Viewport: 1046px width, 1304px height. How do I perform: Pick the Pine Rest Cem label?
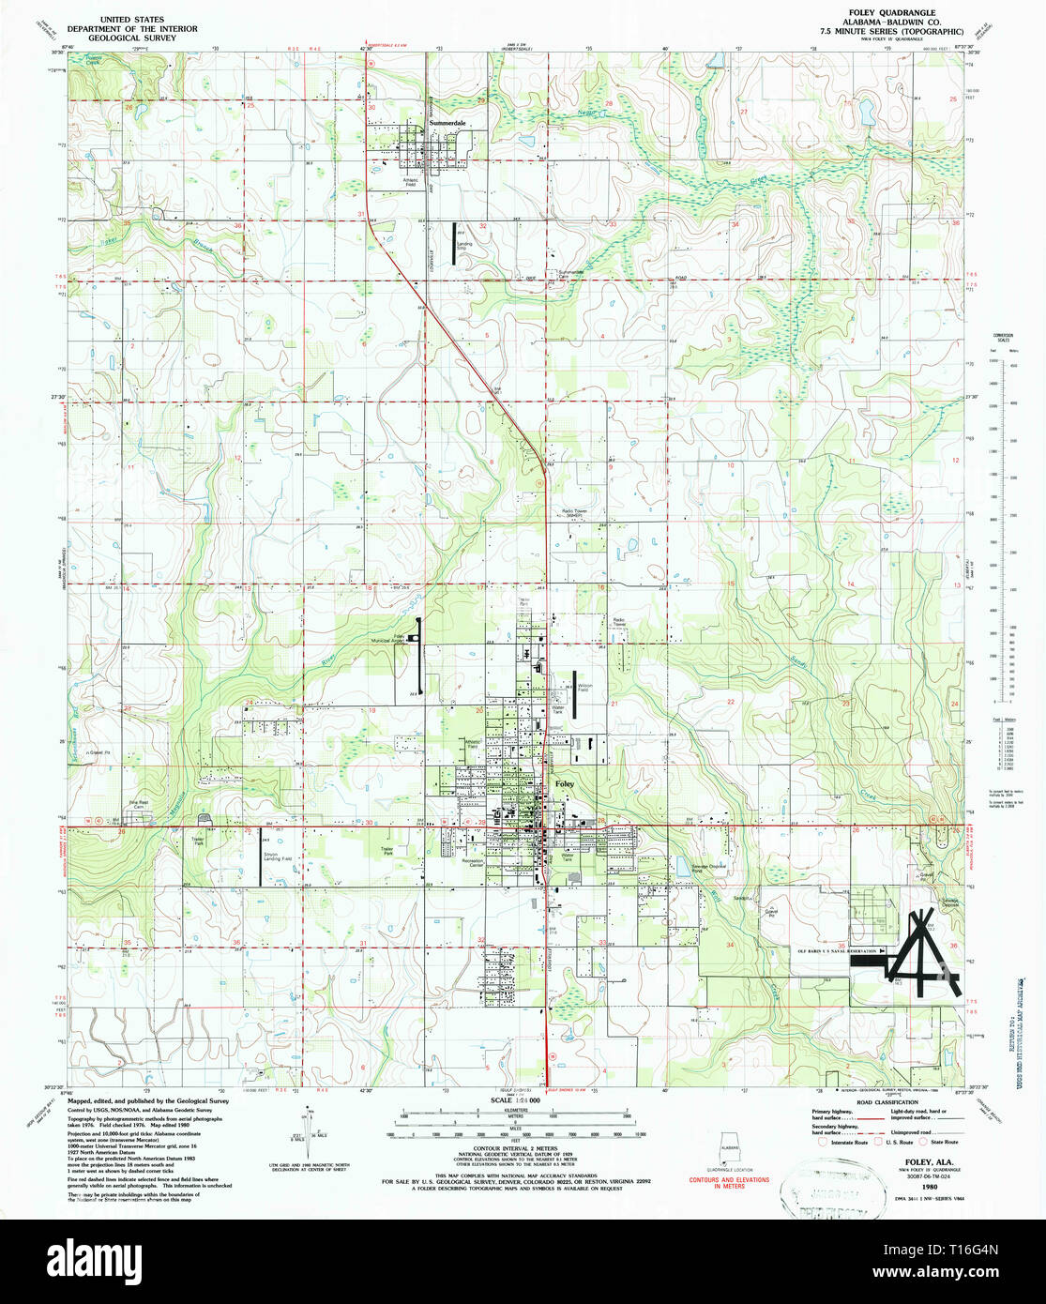[x=138, y=804]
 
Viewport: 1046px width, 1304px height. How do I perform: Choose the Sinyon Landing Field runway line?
[x=261, y=859]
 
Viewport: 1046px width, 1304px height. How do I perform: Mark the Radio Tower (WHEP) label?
[x=574, y=513]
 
